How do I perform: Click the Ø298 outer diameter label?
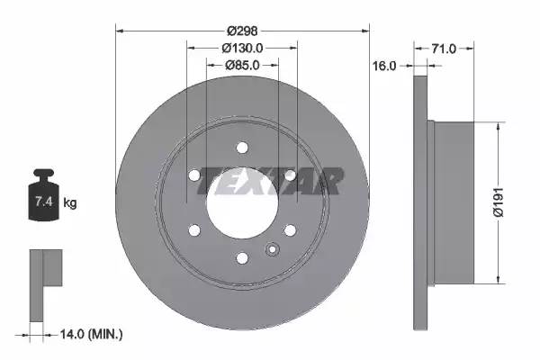click(242, 31)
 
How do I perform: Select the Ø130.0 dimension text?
click(242, 48)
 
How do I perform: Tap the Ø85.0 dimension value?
click(242, 65)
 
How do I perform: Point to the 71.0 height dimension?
click(444, 49)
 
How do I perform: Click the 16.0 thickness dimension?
click(384, 66)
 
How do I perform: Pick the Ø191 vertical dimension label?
click(499, 202)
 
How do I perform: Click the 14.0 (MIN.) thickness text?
click(91, 334)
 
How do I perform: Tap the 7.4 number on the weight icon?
click(44, 202)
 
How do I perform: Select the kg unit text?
click(70, 202)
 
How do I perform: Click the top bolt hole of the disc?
click(242, 148)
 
